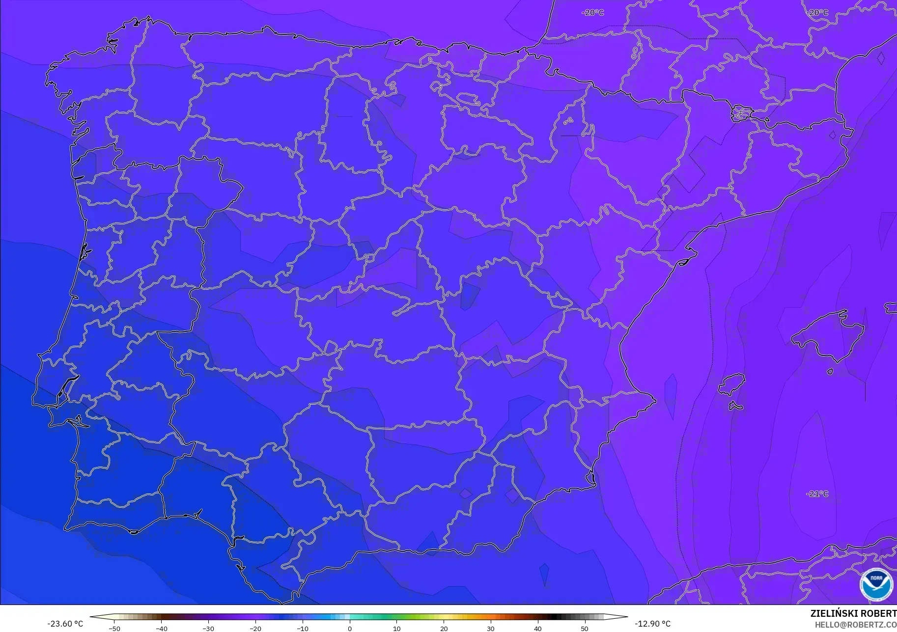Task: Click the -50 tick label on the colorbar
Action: pyautogui.click(x=114, y=628)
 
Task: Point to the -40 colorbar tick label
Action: pyautogui.click(x=161, y=628)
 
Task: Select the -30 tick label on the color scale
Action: pyautogui.click(x=208, y=628)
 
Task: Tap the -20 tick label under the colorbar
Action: pyautogui.click(x=255, y=628)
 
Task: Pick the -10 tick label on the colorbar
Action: pyautogui.click(x=303, y=628)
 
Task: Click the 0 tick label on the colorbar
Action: pyautogui.click(x=350, y=628)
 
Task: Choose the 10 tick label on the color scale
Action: pyautogui.click(x=396, y=628)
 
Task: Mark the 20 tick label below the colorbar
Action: pyautogui.click(x=444, y=628)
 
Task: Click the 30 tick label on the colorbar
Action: pyautogui.click(x=491, y=628)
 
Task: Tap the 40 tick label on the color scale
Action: pyautogui.click(x=538, y=628)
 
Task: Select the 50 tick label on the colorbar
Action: pyautogui.click(x=585, y=628)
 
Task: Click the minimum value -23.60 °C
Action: pyautogui.click(x=65, y=624)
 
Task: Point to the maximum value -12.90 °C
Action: pyautogui.click(x=652, y=624)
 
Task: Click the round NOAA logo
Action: pyautogui.click(x=876, y=585)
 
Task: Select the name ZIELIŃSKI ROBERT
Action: pyautogui.click(x=853, y=613)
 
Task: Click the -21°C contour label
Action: pyautogui.click(x=817, y=494)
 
